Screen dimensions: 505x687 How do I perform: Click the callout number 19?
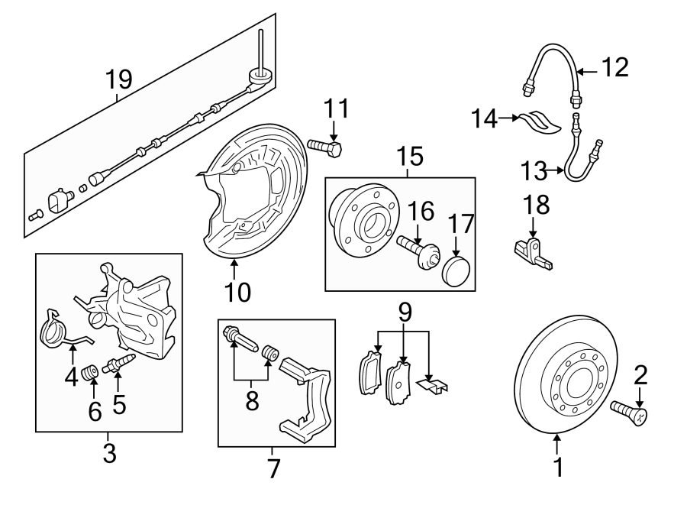[x=119, y=79]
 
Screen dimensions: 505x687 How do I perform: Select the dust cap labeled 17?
[x=456, y=270]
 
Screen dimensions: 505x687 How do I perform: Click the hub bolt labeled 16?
[x=418, y=250]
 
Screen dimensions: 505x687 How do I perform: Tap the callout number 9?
[x=405, y=312]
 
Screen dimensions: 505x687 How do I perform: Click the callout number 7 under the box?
[x=275, y=468]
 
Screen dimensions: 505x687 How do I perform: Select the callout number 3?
[x=109, y=454]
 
